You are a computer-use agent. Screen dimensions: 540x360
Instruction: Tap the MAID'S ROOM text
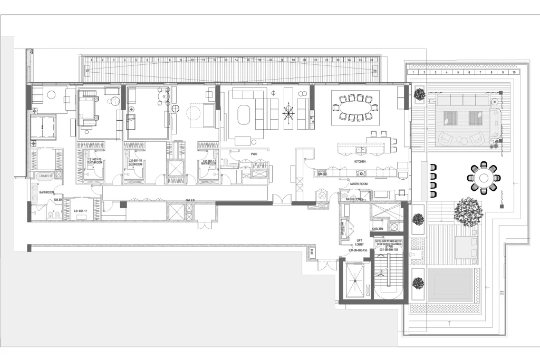(x=352, y=183)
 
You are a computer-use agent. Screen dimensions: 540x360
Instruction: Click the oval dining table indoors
(x=354, y=108)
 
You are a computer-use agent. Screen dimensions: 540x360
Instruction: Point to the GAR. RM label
(x=377, y=229)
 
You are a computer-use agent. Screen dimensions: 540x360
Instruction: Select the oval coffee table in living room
(x=244, y=115)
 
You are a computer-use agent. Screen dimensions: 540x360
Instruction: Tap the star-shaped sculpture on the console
(x=288, y=112)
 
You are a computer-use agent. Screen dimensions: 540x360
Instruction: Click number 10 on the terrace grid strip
(x=514, y=71)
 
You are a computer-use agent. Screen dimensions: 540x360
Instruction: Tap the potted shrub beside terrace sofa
(x=419, y=94)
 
